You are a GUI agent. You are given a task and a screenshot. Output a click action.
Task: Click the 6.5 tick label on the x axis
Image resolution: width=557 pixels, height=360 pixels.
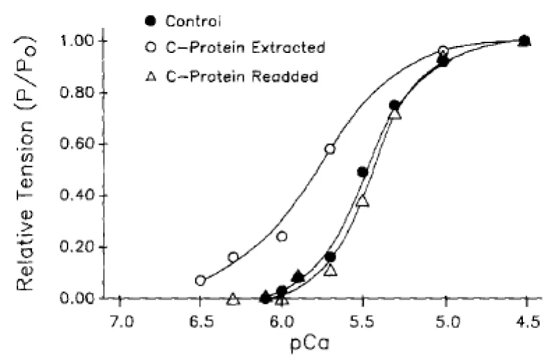tap(201, 322)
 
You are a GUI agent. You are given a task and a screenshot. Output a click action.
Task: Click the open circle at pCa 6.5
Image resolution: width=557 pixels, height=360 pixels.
tap(201, 281)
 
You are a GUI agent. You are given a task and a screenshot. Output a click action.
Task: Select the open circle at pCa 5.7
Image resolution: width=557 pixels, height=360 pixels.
tap(330, 149)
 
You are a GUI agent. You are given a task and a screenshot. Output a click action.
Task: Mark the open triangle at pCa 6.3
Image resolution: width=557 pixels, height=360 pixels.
tap(233, 299)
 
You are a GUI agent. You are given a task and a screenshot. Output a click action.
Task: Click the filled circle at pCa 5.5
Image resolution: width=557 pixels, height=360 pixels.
tap(362, 172)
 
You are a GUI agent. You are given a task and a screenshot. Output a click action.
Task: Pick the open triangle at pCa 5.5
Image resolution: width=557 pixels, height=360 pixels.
tap(362, 201)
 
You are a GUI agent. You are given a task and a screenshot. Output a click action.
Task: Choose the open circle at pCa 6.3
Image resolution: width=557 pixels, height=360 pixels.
tap(233, 257)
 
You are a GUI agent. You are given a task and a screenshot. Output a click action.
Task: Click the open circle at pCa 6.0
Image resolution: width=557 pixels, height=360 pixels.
tap(282, 237)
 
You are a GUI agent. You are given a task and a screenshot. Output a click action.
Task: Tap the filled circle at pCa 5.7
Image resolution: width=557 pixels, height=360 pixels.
tap(330, 257)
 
